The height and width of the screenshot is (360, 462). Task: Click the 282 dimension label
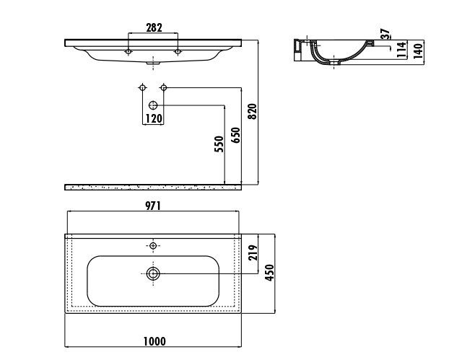[154, 28]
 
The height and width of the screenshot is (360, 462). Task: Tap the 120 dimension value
[154, 118]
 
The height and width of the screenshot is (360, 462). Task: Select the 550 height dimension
[219, 144]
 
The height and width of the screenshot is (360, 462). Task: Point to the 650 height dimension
[236, 135]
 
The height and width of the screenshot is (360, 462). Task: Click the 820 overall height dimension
[253, 111]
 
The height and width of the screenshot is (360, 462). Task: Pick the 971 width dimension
[153, 206]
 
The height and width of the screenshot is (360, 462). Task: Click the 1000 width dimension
[154, 341]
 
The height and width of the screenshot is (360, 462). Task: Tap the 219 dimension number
[253, 253]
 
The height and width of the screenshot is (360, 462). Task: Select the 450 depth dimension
[269, 273]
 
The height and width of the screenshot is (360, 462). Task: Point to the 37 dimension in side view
[385, 34]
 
